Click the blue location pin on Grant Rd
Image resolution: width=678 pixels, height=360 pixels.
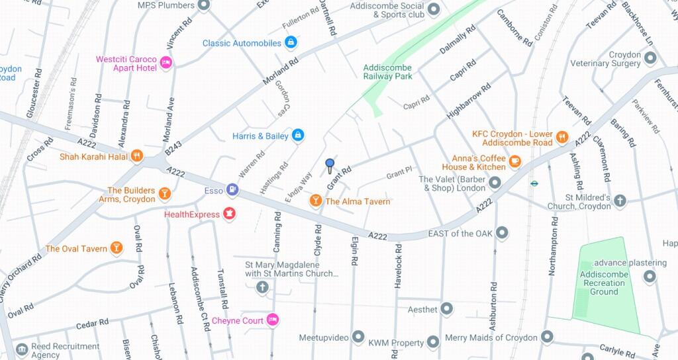(x=330, y=165)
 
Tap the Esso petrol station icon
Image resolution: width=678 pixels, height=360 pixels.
(x=232, y=190)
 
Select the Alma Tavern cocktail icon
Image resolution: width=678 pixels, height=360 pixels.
(x=316, y=201)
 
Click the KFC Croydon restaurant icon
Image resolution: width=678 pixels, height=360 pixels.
(x=561, y=138)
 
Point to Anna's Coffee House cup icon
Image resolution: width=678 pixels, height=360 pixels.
(x=514, y=159)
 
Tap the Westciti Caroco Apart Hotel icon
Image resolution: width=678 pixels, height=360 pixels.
(x=166, y=63)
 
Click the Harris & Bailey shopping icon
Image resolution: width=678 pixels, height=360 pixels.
(x=297, y=136)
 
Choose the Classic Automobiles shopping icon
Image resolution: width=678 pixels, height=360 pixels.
(x=290, y=43)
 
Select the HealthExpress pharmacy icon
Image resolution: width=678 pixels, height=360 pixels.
(x=229, y=213)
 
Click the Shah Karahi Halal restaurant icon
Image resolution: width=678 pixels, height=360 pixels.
(x=136, y=156)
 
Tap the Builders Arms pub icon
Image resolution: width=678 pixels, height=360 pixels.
(x=164, y=193)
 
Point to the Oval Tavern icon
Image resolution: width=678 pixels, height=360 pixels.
(x=117, y=248)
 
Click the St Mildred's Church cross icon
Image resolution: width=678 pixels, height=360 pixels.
(x=620, y=201)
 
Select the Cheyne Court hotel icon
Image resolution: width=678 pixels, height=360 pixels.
(x=272, y=320)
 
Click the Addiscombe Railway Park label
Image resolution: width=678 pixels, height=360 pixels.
(x=387, y=71)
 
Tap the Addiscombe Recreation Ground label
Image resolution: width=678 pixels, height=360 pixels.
(x=603, y=283)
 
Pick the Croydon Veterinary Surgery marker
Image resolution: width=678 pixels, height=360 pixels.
(x=650, y=58)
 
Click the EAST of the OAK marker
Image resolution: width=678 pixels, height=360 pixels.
(x=502, y=233)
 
